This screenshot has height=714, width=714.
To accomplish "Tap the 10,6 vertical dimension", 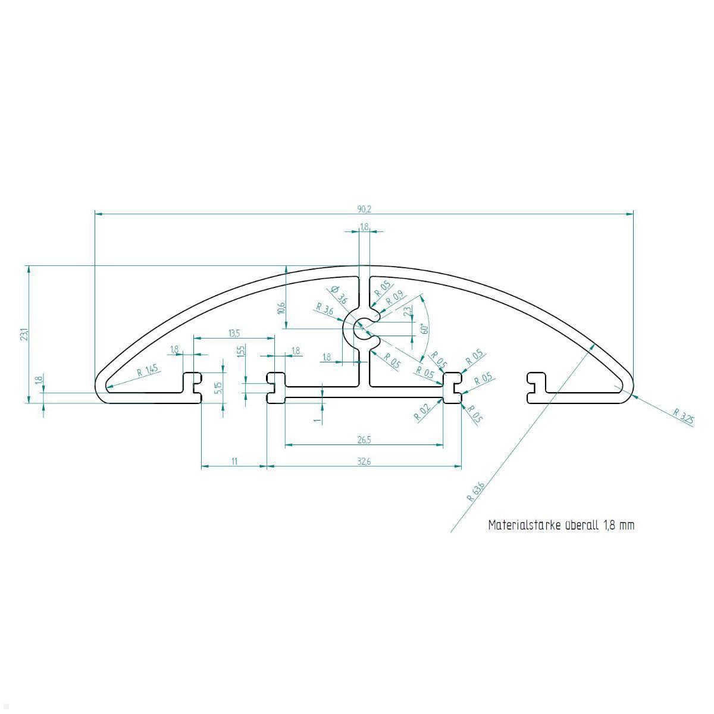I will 281,308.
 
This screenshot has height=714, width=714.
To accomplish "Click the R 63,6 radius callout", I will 477,492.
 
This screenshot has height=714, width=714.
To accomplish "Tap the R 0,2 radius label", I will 422,412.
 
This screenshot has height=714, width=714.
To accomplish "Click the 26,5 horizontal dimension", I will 364,440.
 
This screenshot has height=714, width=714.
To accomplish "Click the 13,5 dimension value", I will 234,333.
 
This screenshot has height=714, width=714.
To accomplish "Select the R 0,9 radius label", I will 394,297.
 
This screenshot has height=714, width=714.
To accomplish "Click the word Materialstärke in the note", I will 524,525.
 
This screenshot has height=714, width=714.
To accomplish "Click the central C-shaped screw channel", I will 362,330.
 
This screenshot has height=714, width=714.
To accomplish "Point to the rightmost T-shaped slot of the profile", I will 536,385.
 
